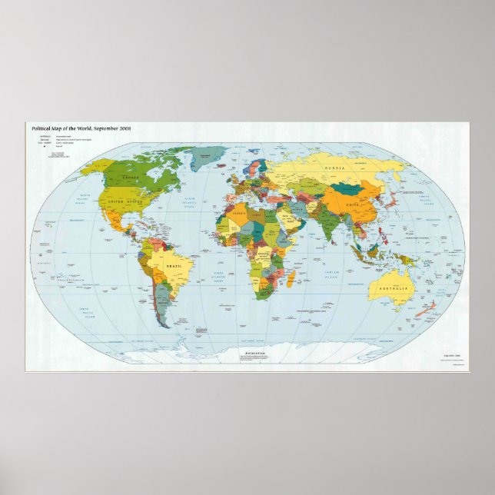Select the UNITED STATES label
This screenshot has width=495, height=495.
tap(125, 201)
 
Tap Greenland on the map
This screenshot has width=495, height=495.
tap(208, 158)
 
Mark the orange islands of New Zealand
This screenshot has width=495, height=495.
tap(424, 311)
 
